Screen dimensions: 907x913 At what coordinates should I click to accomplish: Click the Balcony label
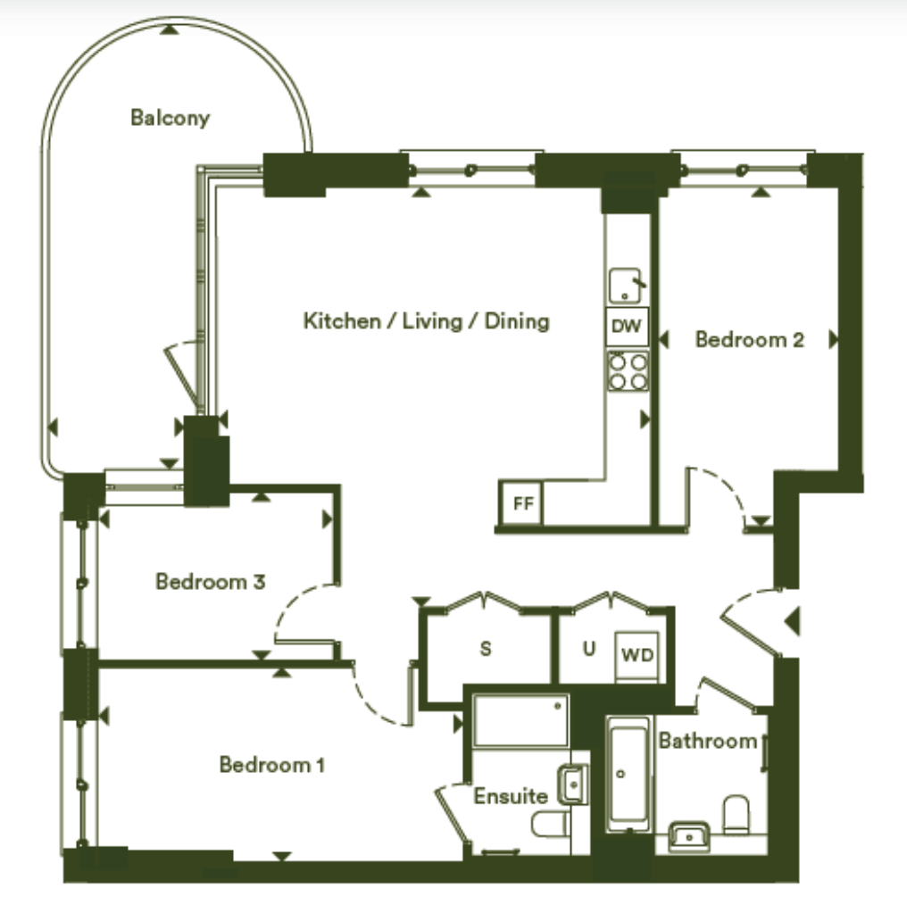(171, 118)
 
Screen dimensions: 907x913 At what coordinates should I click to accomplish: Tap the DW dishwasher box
(627, 326)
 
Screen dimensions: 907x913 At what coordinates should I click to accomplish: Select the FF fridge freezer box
(522, 502)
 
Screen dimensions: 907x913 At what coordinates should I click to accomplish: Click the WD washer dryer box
(638, 655)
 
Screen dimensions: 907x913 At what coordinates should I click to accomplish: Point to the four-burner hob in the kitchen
(628, 371)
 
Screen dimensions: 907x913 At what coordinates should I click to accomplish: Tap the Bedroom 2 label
(750, 339)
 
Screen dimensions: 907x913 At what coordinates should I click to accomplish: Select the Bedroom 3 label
(211, 581)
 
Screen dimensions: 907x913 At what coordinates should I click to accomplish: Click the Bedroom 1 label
(271, 765)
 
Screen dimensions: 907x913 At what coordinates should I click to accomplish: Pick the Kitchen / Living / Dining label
(427, 320)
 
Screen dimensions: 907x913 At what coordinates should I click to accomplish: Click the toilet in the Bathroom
(736, 815)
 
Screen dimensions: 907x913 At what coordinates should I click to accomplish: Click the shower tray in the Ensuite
(521, 720)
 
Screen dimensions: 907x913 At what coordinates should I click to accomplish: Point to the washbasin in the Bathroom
(689, 837)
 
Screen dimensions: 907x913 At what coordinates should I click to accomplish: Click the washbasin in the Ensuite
(572, 784)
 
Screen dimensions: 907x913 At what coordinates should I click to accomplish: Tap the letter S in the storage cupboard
(486, 648)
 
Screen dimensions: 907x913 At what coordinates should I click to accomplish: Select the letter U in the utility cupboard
(589, 648)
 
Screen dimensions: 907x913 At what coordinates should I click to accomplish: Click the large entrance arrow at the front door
(792, 621)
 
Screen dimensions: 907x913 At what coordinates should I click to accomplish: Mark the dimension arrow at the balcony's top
(170, 29)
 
